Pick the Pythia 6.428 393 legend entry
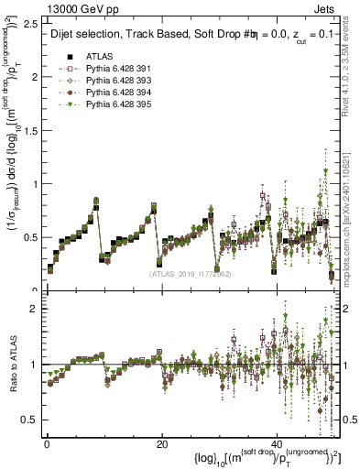click(x=112, y=81)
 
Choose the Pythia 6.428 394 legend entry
click(x=112, y=93)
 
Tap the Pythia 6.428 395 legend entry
click(x=112, y=106)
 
